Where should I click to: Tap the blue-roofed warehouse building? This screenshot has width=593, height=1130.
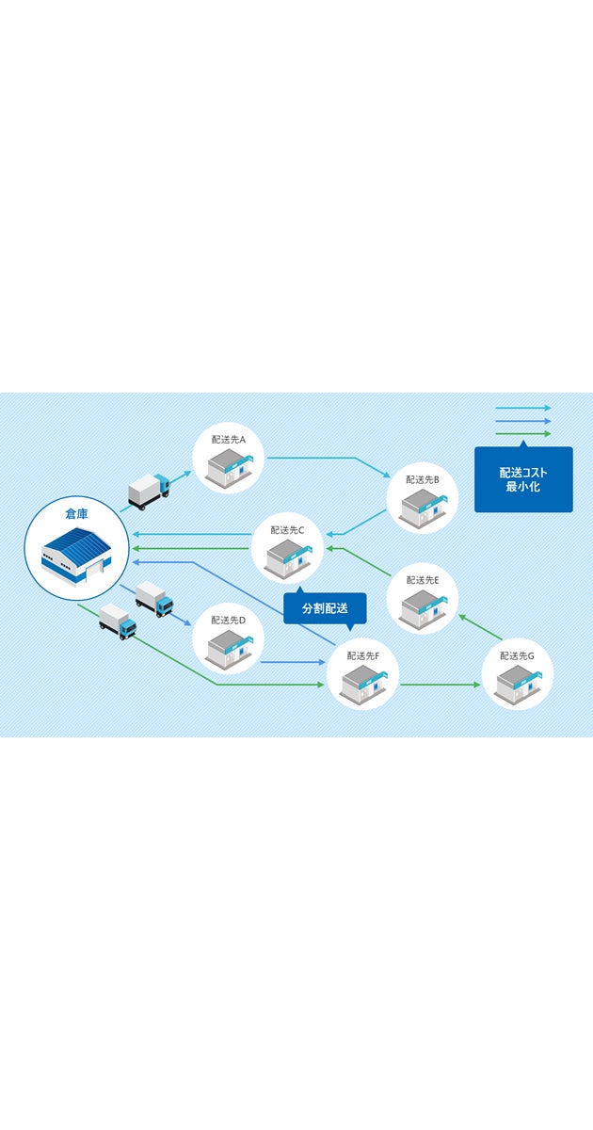[76, 553]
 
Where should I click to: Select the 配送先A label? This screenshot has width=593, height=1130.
[229, 439]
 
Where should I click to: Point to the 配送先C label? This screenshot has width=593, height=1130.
[287, 529]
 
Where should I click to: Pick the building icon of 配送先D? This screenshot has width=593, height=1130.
[229, 648]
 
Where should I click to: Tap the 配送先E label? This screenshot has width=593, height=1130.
[423, 580]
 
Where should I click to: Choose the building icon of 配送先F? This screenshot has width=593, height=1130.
[363, 682]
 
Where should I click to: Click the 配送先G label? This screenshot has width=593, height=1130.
[517, 655]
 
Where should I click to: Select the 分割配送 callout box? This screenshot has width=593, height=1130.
[325, 608]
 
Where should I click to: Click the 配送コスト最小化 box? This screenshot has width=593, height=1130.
[523, 479]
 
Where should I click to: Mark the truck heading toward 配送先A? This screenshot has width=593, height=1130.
[148, 492]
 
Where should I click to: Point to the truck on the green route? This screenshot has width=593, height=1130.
[118, 621]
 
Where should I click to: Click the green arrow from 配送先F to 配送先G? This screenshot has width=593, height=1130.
[440, 685]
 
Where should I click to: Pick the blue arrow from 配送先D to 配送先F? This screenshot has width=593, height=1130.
[293, 662]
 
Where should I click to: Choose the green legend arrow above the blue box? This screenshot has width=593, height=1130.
[522, 433]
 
